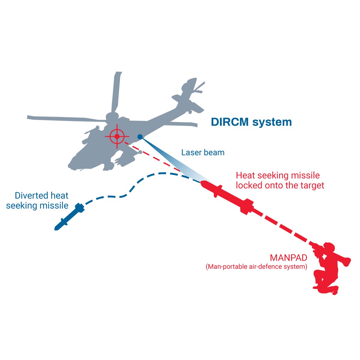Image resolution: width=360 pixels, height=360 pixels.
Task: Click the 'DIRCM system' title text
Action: (251, 122)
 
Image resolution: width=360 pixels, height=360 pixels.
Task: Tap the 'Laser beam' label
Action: (203, 152)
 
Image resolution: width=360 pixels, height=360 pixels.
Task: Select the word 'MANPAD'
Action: (288, 258)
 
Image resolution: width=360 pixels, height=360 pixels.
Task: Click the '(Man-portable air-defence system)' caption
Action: (256, 266)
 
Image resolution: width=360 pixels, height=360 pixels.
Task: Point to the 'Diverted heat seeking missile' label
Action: (37, 201)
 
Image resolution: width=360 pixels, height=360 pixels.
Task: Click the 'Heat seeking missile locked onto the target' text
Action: (280, 180)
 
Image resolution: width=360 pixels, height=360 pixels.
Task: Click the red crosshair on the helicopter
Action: (117, 136)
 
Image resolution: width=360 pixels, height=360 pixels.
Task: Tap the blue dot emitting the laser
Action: (140, 137)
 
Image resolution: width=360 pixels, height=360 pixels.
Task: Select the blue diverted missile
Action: (69, 217)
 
